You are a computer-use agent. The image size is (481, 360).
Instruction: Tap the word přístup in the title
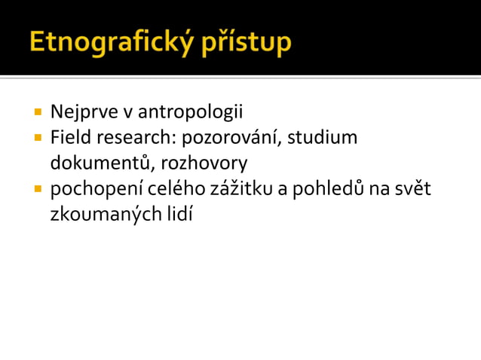247,43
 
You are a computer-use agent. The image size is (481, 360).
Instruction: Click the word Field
69,138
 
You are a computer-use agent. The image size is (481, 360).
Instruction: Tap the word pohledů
332,188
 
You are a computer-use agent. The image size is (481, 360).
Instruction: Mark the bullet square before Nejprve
37,113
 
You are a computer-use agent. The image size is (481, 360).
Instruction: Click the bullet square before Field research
37,139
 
